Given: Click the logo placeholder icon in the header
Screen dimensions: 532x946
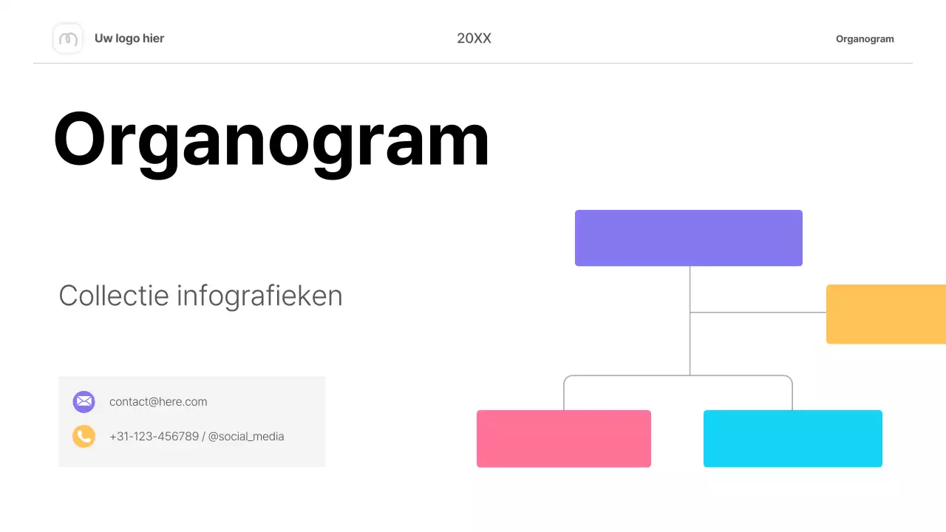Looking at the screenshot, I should coord(68,38).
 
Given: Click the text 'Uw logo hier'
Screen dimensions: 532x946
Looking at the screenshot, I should coord(129,38).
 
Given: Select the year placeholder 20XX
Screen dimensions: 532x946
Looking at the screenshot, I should coord(474,38).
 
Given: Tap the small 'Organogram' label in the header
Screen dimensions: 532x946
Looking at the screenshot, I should coord(865,39).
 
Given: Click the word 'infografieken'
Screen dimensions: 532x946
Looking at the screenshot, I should coord(259,296).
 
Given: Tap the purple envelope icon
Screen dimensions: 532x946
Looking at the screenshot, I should coord(84,402).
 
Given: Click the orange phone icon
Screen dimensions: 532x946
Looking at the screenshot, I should coord(84,436).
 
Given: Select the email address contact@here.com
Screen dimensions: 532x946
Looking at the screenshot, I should coord(158,402).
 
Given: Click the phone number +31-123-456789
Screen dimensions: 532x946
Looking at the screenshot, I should coord(154,437).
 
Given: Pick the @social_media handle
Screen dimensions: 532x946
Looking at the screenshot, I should coord(246,437).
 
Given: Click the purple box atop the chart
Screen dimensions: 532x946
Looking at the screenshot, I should coord(688,238).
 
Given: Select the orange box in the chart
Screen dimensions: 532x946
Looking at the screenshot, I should coord(885,314).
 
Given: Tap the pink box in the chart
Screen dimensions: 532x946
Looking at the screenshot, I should coord(563,438).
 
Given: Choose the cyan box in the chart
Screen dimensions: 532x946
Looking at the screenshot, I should coord(792,438).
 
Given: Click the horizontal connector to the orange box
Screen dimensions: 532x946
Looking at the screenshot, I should coord(758,313).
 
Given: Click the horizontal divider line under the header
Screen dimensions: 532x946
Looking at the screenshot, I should coord(473,64).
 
